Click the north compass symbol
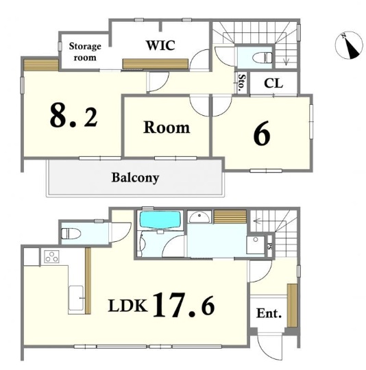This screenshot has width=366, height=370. (x=349, y=45)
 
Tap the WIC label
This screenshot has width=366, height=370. (x=160, y=45)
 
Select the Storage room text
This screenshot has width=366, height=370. (x=85, y=51)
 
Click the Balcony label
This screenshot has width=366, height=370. (x=135, y=177)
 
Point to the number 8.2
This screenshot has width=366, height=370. (x=74, y=116)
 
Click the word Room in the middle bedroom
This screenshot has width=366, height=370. (x=167, y=127)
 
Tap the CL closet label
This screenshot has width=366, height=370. (x=273, y=83)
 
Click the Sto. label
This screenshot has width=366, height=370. (x=242, y=83)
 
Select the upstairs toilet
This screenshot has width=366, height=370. (x=263, y=58)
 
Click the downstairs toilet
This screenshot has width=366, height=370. (x=71, y=234)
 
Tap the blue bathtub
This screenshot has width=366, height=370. (x=160, y=220)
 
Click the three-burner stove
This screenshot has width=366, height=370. (x=51, y=257)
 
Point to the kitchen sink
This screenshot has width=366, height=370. (x=76, y=298)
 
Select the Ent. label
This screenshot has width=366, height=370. (x=269, y=313)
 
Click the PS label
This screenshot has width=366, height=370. (x=269, y=246)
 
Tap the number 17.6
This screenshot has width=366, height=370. (x=184, y=305)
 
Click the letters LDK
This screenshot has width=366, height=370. (x=128, y=306)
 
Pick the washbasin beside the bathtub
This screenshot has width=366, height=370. (x=199, y=217)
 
